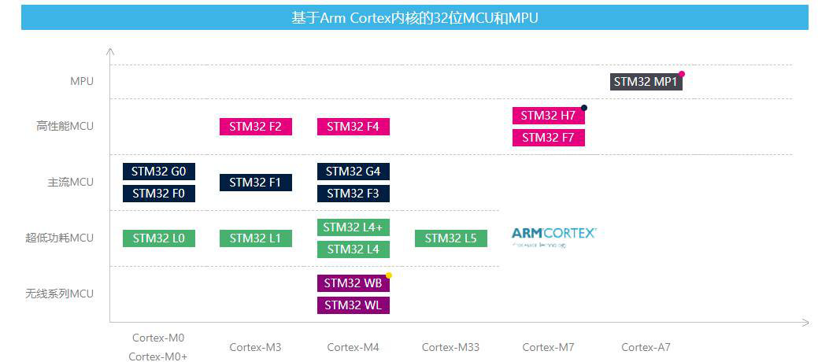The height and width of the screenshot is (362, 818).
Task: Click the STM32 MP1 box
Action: click(x=646, y=82)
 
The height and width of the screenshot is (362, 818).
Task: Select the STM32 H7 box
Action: click(x=548, y=116)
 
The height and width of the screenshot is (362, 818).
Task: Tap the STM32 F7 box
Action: click(x=548, y=138)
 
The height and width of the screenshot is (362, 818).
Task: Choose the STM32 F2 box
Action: click(x=255, y=127)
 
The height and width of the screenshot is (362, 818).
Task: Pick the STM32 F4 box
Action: click(x=353, y=127)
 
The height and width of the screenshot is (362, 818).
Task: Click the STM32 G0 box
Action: click(x=158, y=172)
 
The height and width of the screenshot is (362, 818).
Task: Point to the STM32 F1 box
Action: click(x=255, y=183)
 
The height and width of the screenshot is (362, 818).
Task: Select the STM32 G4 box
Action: click(x=353, y=172)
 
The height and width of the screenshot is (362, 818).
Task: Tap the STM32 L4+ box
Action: click(x=353, y=227)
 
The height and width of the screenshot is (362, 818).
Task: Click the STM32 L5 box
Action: click(x=450, y=238)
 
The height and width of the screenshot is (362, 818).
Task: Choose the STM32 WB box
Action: click(x=353, y=283)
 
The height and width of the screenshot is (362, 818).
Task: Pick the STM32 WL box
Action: click(x=353, y=305)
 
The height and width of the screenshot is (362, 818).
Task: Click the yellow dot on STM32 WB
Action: click(x=389, y=275)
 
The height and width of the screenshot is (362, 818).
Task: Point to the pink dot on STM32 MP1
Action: click(x=682, y=74)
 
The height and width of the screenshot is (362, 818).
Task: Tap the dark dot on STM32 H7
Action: click(x=584, y=108)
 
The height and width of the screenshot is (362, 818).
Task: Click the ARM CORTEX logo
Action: click(x=553, y=234)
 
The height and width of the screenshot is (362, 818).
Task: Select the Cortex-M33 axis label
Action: click(x=450, y=347)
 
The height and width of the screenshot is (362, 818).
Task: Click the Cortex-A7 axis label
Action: click(x=646, y=347)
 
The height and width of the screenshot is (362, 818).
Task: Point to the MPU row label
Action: click(x=81, y=81)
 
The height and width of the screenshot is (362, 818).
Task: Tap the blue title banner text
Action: click(x=414, y=17)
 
